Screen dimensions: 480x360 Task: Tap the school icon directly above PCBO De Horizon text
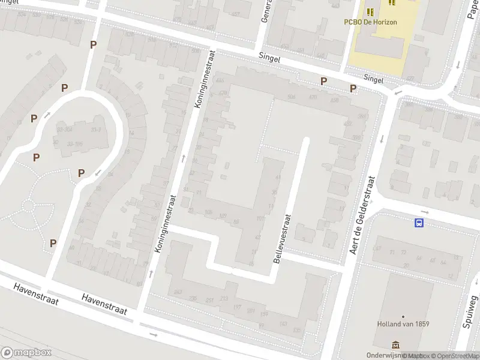(x=370, y=11)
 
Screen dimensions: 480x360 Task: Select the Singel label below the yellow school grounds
(x=374, y=79)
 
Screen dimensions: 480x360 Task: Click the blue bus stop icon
(x=418, y=223)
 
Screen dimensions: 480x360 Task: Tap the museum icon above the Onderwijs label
(x=395, y=345)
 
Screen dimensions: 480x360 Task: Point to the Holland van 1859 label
(x=403, y=324)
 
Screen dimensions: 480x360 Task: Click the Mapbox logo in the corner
(x=26, y=353)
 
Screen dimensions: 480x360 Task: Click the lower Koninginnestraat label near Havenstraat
(x=165, y=222)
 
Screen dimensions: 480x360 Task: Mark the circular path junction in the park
(x=28, y=206)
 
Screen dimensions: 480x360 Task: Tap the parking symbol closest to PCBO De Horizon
(x=353, y=89)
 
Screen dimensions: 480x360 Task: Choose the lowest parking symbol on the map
(x=53, y=243)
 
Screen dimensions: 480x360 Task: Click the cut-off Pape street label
(x=472, y=10)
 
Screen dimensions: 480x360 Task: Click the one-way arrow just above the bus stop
(x=425, y=212)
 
